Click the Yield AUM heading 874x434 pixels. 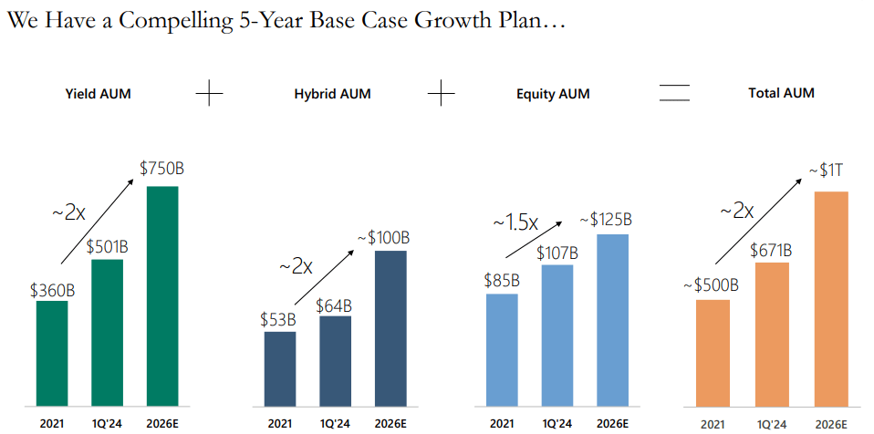99,93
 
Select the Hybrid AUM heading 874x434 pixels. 332,94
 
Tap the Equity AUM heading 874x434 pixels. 553,94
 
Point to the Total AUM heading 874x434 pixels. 781,93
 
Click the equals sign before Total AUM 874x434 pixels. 674,93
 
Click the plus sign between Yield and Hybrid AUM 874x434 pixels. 210,93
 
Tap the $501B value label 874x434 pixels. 107,246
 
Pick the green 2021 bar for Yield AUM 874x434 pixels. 52,352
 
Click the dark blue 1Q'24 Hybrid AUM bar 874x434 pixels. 335,360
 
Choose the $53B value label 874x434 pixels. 278,319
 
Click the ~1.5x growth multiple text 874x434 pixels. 515,222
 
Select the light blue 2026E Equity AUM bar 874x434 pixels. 612,319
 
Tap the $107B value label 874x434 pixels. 557,253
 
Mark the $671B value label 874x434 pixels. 772,250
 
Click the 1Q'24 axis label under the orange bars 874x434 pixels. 772,423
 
